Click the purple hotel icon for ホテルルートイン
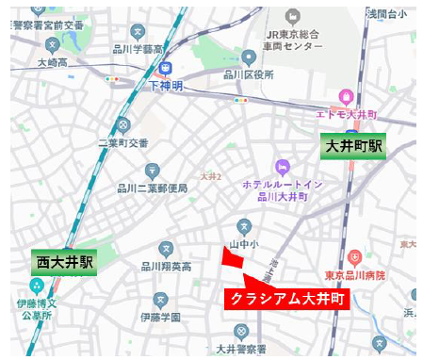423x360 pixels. tap(278, 167)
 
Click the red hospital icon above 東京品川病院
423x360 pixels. tap(354, 257)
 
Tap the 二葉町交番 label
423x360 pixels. tap(125, 143)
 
